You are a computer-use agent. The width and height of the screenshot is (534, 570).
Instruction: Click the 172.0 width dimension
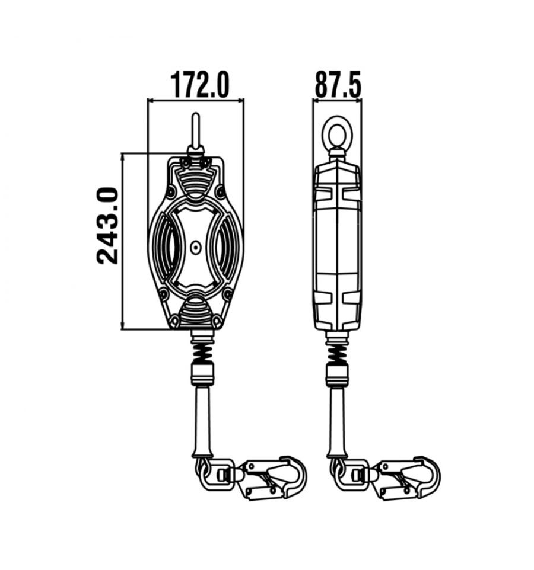coord(200,85)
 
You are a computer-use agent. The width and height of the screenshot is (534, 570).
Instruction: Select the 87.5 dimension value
coord(338,85)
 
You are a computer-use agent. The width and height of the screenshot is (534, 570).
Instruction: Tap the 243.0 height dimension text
coord(108,226)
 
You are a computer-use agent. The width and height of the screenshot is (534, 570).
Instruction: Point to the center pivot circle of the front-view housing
coord(195,248)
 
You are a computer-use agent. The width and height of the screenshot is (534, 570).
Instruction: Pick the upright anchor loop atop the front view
coord(196,131)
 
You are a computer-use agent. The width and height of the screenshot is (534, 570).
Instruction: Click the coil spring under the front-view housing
coord(202,353)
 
